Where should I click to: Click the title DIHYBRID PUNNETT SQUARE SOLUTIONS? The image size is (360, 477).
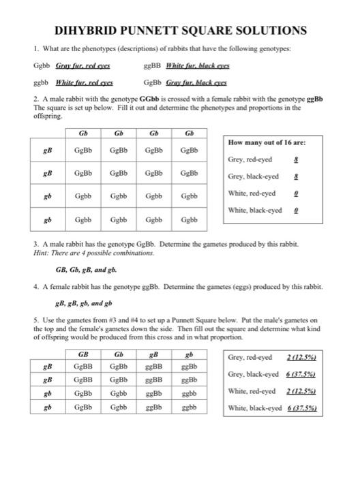pyautogui.click(x=180, y=31)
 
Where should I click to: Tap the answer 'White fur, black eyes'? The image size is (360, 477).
pyautogui.click(x=193, y=67)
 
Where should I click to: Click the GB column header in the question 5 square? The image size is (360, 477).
pyautogui.click(x=83, y=354)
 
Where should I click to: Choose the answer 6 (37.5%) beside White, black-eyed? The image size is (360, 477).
pyautogui.click(x=304, y=408)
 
